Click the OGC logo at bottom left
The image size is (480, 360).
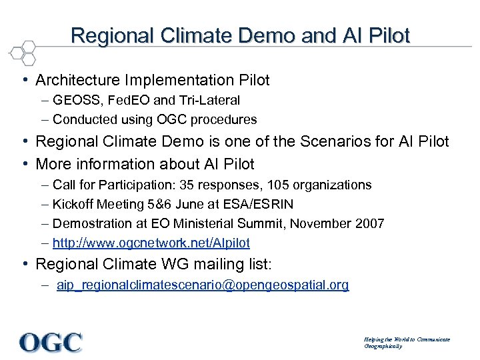pyautogui.click(x=51, y=342)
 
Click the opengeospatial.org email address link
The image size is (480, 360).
pyautogui.click(x=203, y=285)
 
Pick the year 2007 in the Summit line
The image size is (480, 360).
pyautogui.click(x=371, y=223)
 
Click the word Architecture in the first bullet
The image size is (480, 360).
pyautogui.click(x=75, y=81)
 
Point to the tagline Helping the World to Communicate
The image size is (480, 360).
pyautogui.click(x=407, y=339)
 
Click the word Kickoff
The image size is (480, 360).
pyautogui.click(x=74, y=204)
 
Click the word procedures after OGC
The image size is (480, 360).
pyautogui.click(x=225, y=120)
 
